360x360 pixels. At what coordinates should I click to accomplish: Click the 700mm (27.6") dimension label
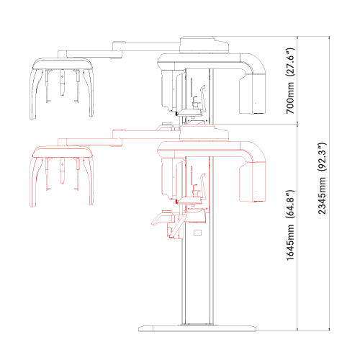point(290,81)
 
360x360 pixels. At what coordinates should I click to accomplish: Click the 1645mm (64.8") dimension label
point(290,225)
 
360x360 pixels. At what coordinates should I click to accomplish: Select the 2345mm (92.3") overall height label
point(322,178)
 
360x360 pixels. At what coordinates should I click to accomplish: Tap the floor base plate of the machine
point(197,328)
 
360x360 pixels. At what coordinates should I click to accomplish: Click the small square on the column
point(197,233)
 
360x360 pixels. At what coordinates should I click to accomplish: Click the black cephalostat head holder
point(62,88)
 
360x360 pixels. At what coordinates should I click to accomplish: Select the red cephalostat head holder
point(62,176)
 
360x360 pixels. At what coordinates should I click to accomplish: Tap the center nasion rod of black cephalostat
point(63,83)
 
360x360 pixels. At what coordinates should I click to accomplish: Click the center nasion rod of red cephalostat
point(63,171)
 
